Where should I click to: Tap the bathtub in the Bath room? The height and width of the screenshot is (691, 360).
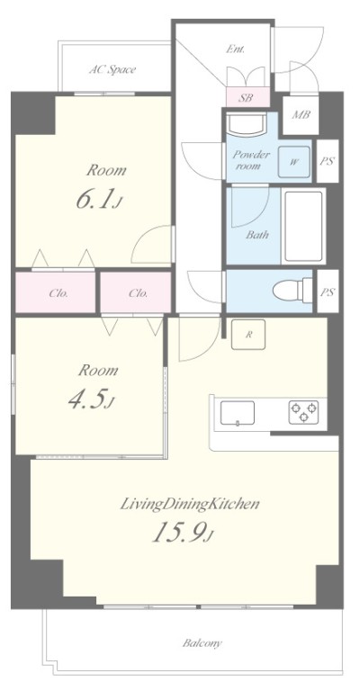pos(303,226)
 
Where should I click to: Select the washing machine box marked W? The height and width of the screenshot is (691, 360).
pos(294,162)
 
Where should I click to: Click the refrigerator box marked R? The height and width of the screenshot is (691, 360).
pos(248,335)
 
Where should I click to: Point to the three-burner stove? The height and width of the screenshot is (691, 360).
pos(303,412)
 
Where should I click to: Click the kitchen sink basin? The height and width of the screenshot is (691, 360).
pos(238,413)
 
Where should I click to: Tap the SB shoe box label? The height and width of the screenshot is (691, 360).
pos(246,97)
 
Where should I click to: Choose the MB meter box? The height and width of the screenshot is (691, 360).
pos(301,114)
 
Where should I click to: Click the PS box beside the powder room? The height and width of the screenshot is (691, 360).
pos(328,161)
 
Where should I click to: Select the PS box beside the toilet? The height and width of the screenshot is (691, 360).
pos(328,292)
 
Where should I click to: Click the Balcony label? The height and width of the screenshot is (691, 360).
pos(202,643)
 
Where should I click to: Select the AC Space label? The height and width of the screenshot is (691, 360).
pos(112,69)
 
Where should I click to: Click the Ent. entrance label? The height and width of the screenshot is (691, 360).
pos(236,49)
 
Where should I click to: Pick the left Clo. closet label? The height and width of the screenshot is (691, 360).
pos(56,292)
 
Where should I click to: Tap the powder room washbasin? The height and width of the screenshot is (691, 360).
pos(247,124)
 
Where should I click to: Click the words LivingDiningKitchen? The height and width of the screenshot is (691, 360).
pos(190,504)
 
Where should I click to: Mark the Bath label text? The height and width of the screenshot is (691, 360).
pos(257,235)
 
